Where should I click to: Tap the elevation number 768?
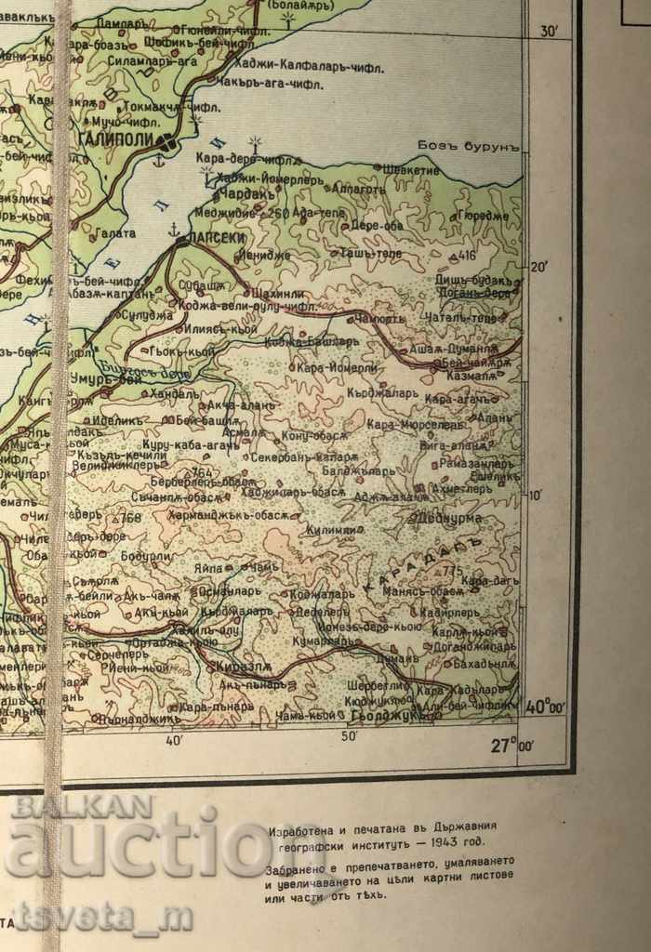tap(131, 517)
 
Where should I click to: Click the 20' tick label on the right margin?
tap(538, 267)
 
